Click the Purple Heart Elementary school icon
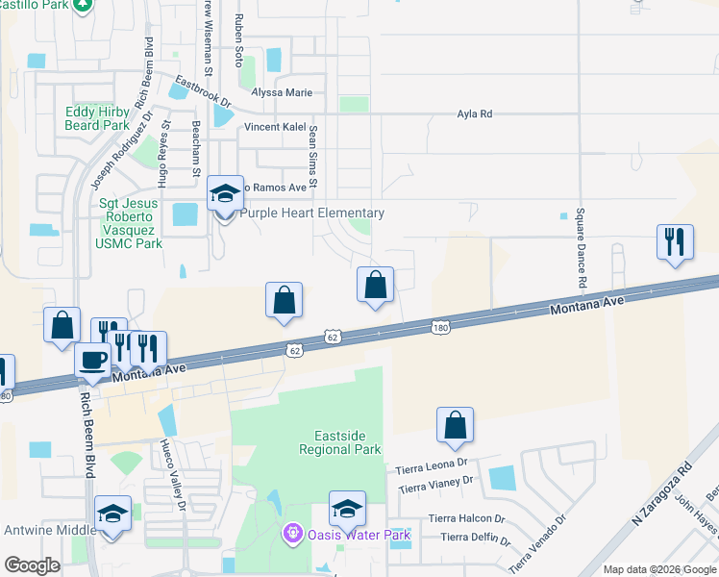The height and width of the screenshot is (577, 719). [x=225, y=197]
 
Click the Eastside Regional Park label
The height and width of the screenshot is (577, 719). [x=339, y=442]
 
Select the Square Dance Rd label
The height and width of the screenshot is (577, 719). [x=581, y=249]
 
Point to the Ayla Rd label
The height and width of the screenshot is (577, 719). [x=474, y=113]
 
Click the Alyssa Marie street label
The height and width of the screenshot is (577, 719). [x=282, y=92]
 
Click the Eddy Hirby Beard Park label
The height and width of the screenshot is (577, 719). [x=96, y=118]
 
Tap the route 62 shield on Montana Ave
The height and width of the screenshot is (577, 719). [x=332, y=338]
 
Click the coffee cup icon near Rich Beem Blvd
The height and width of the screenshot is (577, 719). [x=93, y=361]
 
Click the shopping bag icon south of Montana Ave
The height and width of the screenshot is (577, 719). [x=455, y=424]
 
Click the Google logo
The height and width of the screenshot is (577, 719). [x=32, y=565]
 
